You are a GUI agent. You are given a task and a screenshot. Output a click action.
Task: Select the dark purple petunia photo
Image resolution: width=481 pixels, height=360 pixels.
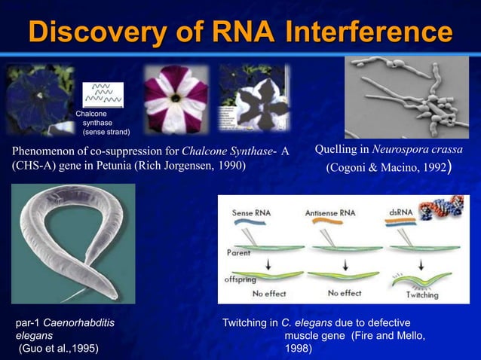(39, 98)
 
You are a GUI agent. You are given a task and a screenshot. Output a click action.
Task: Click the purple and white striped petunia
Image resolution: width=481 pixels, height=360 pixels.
(175, 99)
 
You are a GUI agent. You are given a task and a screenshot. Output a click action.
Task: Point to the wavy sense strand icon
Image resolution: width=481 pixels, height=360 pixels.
(103, 95)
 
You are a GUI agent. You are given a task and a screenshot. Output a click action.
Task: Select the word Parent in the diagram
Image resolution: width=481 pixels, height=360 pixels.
(239, 254)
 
